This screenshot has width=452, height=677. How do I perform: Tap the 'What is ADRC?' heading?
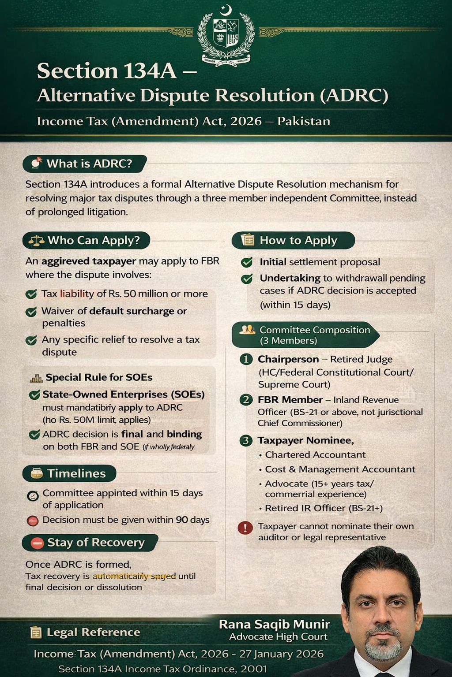pos(89,164)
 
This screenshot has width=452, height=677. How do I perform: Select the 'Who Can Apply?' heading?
pos(93,240)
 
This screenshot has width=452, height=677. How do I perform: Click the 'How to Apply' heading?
pos(298,240)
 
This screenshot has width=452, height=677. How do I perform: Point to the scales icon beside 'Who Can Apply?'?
pos(36,241)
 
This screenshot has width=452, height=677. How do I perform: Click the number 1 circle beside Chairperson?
pos(246,359)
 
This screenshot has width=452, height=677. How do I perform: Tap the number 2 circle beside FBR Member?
pos(246,400)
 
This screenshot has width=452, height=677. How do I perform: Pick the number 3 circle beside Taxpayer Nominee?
pos(246,440)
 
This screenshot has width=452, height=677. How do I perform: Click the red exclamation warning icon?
pos(245,528)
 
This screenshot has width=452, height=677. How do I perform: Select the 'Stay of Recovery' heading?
pos(95,543)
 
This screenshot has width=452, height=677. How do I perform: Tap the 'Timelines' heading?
pos(76,473)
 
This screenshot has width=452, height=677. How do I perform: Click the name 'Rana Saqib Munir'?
pos(274,624)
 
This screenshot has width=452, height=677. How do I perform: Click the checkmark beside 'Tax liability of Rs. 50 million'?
pos(31,294)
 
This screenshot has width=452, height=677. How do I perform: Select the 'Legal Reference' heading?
pos(93,632)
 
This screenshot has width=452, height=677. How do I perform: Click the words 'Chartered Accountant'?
pos(315,454)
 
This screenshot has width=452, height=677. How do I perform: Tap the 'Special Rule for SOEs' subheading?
pos(99,377)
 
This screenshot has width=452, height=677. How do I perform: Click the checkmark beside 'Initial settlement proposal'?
pos(247,262)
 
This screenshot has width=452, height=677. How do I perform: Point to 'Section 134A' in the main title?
pos(107,71)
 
